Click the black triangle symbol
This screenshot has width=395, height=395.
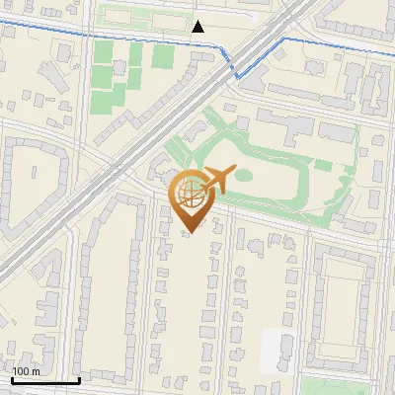coord(199,27)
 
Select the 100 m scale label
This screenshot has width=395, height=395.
coord(26,371)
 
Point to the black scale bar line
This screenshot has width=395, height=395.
coord(45,380)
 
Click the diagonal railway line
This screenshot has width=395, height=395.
coord(148,148)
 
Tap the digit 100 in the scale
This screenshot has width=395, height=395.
coord(22,371)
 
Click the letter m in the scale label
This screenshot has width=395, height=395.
coord(35,371)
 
